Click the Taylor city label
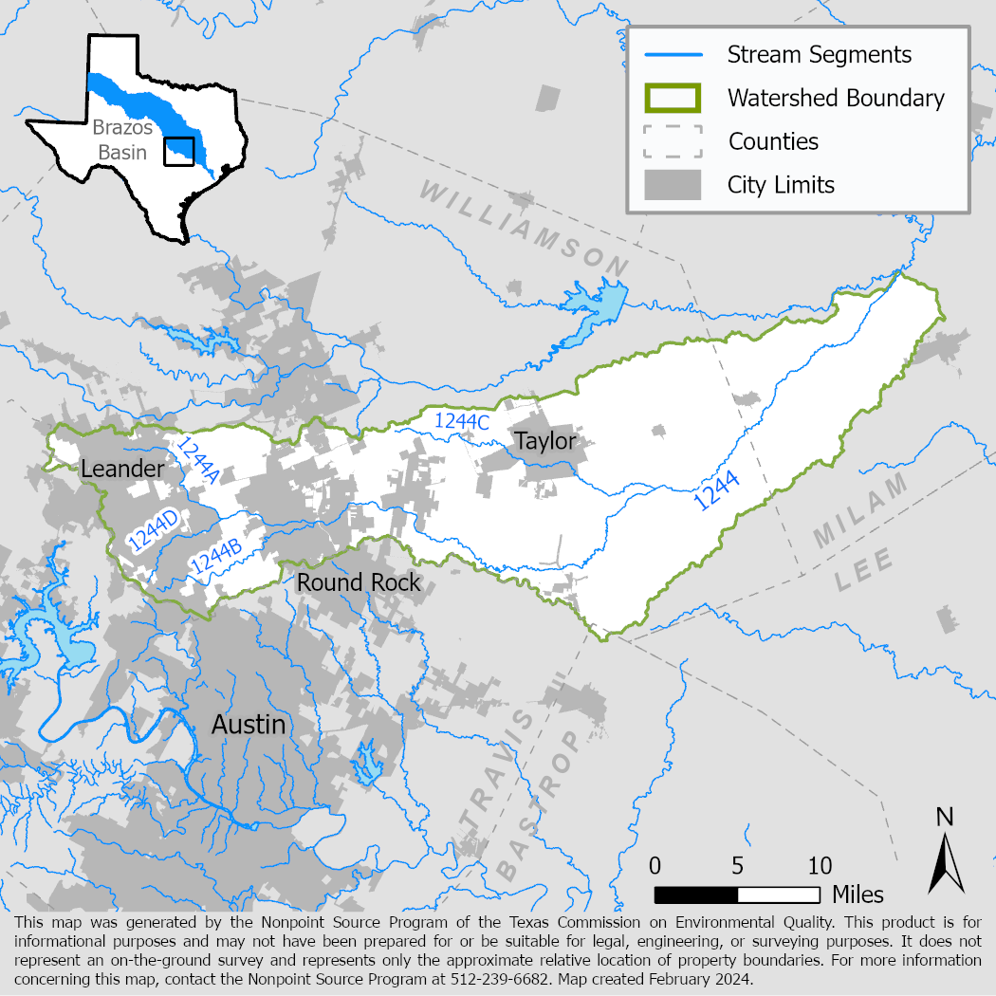[x=544, y=441]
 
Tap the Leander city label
[x=122, y=469]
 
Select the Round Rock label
[x=359, y=581]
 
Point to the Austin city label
[x=249, y=725]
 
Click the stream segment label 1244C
[x=461, y=423]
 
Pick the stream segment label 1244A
[x=197, y=461]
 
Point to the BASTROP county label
[x=537, y=807]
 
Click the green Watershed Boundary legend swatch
[x=673, y=98]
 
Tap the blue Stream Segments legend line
[x=673, y=54]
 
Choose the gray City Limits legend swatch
[x=673, y=184]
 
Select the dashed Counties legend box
[x=673, y=141]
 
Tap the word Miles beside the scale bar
[x=858, y=895]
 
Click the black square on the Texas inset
[x=178, y=152]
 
